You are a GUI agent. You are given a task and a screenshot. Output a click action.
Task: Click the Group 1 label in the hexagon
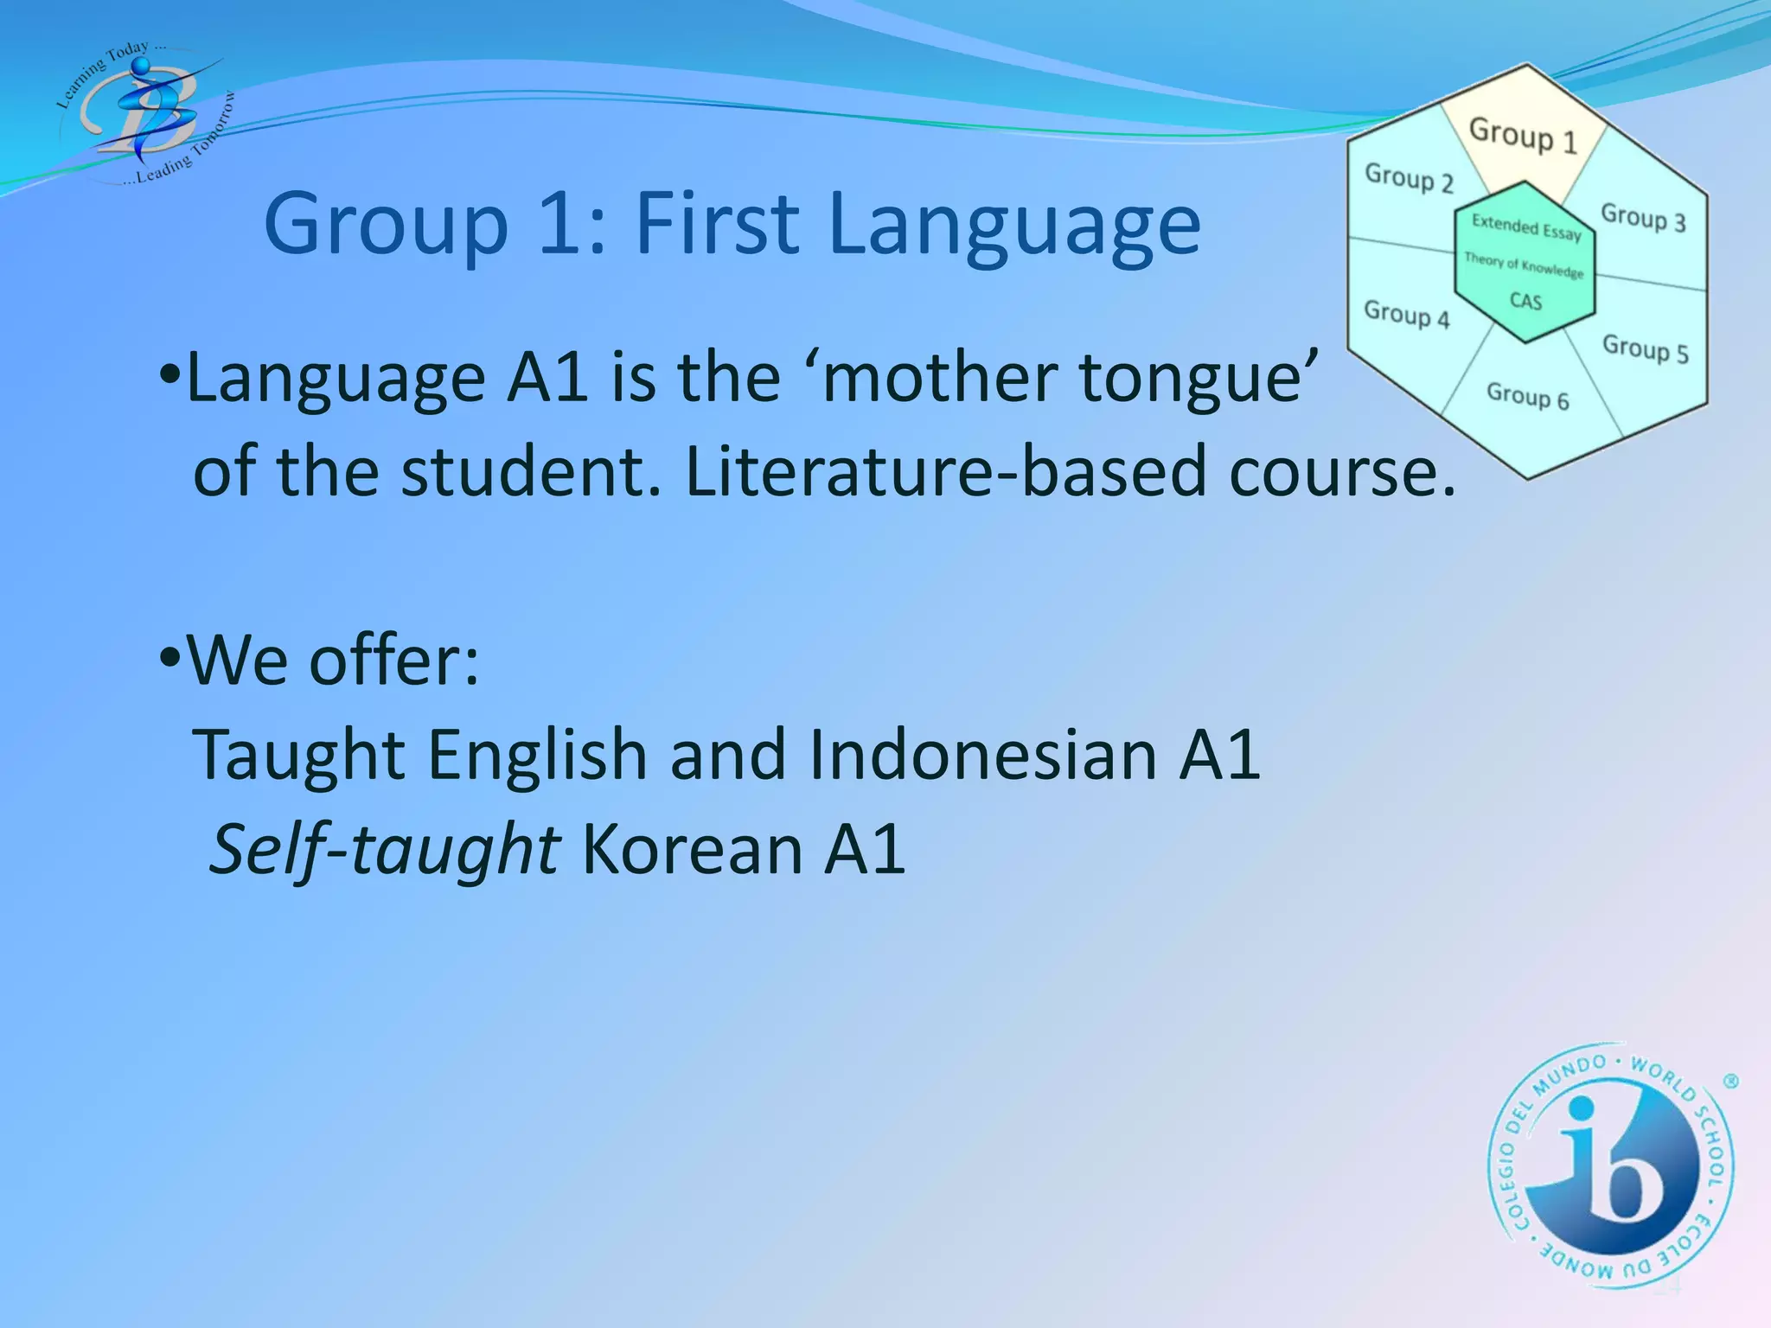point(1523,136)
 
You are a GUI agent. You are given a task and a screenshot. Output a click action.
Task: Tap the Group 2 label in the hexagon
point(1409,178)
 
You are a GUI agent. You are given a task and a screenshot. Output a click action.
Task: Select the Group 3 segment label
point(1643,217)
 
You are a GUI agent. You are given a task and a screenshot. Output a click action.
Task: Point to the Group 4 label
point(1406,314)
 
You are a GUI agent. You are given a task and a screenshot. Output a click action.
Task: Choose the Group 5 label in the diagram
point(1645,348)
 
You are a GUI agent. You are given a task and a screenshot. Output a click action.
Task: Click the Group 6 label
point(1527,396)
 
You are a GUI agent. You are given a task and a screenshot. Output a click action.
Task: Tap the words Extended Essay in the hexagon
point(1526,227)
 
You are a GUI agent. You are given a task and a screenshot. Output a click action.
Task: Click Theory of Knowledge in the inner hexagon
point(1524,265)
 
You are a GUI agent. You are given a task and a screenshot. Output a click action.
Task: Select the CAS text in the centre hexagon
point(1525,301)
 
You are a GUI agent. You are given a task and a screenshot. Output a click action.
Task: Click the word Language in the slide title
point(1013,225)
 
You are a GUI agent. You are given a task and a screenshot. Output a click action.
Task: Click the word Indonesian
point(982,755)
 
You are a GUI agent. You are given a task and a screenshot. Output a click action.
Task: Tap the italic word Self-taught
point(386,850)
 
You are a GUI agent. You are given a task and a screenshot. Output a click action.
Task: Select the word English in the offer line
point(537,755)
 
